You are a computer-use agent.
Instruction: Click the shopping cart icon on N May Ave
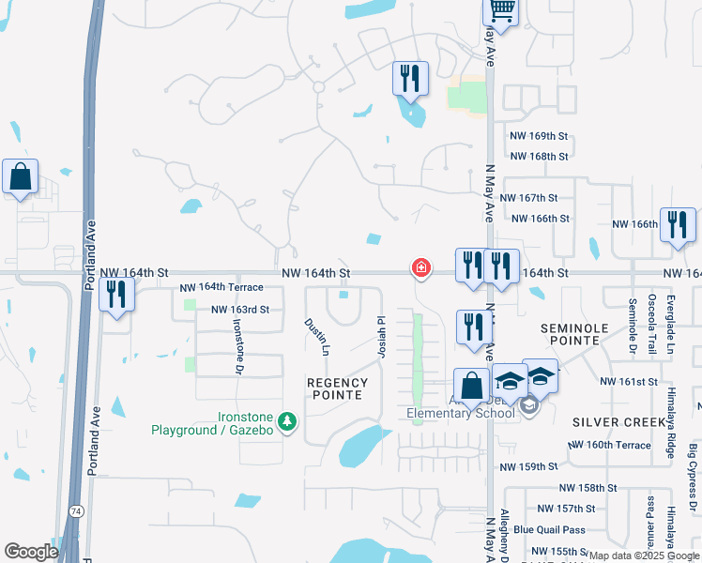coord(501,12)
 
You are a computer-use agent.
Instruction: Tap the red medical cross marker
coord(421,269)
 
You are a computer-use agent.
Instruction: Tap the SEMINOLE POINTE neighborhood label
coord(576,334)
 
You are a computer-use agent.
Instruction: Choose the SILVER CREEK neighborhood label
coord(611,423)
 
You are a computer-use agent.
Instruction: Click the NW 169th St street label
coord(539,136)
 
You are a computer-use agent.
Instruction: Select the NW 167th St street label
coord(528,198)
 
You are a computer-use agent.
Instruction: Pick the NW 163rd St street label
coord(240,310)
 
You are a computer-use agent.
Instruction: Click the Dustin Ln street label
coord(316,336)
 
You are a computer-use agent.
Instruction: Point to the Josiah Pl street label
coord(381,336)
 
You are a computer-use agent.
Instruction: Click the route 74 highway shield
coord(73,510)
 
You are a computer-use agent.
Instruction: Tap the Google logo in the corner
coord(31,551)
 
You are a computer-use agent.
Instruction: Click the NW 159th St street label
coord(528,466)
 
